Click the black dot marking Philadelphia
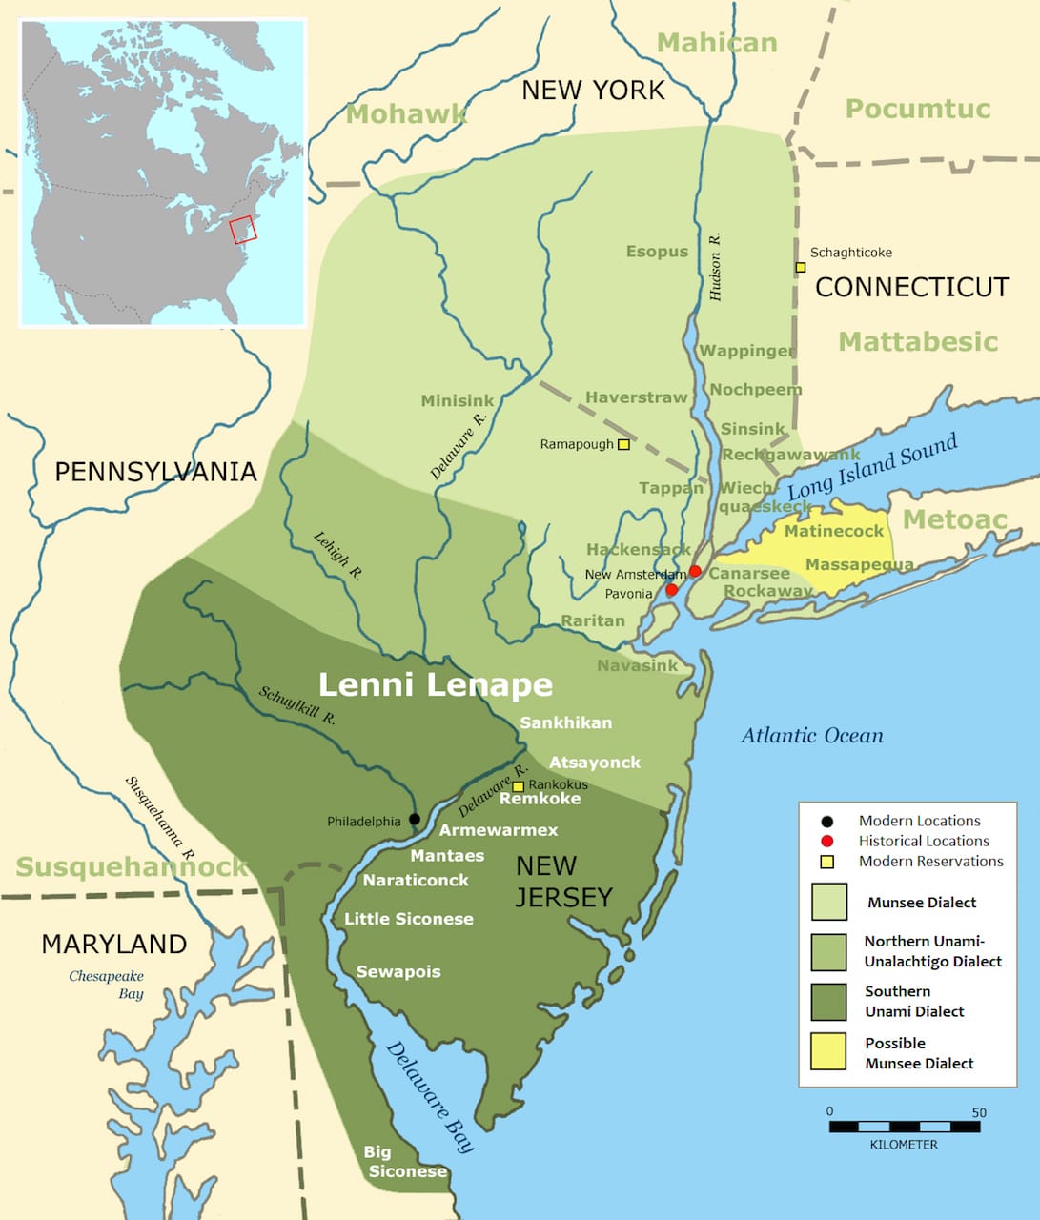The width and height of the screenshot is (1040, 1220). coord(414,819)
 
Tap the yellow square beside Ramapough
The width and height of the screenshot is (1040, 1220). coord(623,444)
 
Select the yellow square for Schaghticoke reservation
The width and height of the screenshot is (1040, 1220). coord(801,267)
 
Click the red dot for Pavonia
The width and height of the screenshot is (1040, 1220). coord(671,590)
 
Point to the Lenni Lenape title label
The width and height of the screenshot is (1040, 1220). coord(435,684)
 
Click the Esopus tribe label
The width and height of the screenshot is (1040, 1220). coord(657,252)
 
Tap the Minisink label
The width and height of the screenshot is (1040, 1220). coord(458,401)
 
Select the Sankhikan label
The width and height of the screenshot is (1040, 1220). coord(565,722)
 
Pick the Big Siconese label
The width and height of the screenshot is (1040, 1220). coord(406,1162)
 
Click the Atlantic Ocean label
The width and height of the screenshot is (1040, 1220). coord(812,735)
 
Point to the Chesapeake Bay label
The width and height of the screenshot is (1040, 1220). coord(107,985)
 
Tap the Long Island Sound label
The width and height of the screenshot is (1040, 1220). coord(872,468)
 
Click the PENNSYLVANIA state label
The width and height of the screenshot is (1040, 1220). coord(155,472)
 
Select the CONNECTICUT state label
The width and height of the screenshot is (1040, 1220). coord(911,287)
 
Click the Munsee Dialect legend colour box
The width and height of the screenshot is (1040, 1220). coord(828,902)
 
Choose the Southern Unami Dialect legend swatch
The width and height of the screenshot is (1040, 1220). coord(828,1002)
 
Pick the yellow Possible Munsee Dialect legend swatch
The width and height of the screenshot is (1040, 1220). coord(828,1052)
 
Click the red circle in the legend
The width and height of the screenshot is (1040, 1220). coord(827,841)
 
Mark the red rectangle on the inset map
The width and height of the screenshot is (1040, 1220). coord(243,229)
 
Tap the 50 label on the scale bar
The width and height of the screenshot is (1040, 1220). coord(979,1112)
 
